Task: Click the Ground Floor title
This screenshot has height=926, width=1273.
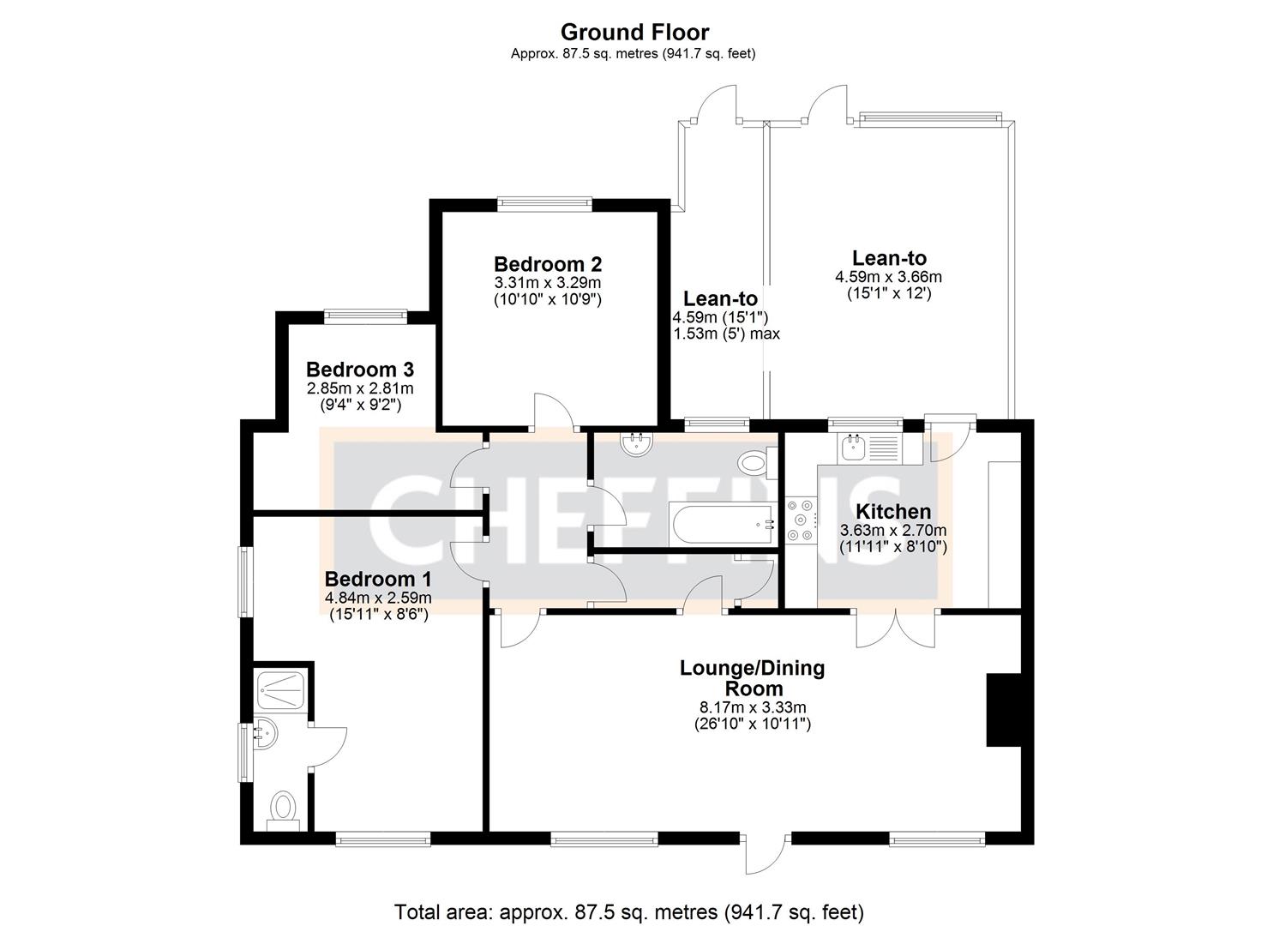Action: (x=634, y=33)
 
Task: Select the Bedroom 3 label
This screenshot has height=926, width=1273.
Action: (x=360, y=370)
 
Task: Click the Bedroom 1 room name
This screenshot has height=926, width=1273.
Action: (x=377, y=579)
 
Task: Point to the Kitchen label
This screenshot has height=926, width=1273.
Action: (x=893, y=512)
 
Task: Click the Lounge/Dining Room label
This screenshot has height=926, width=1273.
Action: (x=752, y=677)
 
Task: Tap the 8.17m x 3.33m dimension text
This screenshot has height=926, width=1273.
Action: (x=752, y=707)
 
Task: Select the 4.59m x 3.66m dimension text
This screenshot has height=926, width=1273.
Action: (x=888, y=277)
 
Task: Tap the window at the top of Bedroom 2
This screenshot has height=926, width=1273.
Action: (x=545, y=204)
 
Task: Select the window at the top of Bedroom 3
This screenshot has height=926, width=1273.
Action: (x=365, y=316)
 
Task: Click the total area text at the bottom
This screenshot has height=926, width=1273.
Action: (x=628, y=911)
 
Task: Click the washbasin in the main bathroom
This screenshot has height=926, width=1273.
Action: (x=636, y=443)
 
